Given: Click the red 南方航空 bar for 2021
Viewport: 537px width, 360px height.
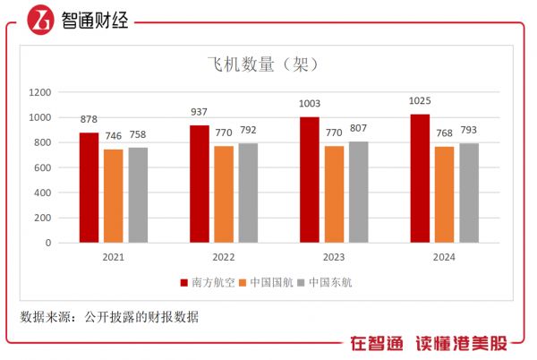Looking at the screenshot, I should (x=89, y=187).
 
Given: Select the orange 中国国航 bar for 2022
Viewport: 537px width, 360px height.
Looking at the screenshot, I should (x=224, y=194).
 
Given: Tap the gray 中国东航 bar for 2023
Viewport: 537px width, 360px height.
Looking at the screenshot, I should (x=358, y=192).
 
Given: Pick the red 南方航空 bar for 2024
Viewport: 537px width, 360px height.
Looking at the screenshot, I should (x=420, y=178).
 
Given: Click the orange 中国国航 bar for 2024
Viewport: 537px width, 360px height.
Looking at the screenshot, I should (x=444, y=194).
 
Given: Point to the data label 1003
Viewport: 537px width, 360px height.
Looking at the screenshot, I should (x=310, y=104).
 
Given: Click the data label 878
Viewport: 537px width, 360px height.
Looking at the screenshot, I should (x=89, y=120).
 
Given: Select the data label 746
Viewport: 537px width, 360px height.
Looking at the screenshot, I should (x=113, y=136).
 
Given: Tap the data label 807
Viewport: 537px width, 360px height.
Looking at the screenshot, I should (x=358, y=128).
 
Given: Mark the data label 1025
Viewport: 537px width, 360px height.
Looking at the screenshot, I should (x=420, y=101).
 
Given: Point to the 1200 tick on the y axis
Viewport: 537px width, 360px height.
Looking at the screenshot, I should (x=40, y=92).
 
